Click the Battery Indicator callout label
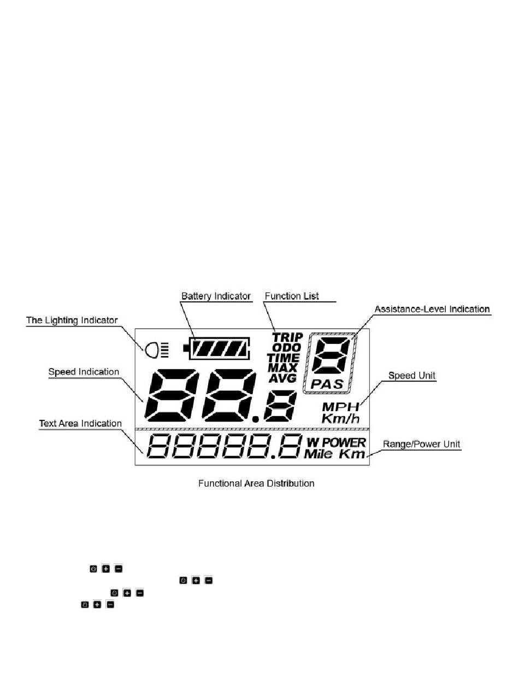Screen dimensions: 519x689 [x=216, y=296]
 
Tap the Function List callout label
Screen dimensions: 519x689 [x=292, y=296]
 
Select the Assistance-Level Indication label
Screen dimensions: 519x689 [x=432, y=309]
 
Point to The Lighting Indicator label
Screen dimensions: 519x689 [x=72, y=320]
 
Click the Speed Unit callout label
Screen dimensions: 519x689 [x=412, y=376]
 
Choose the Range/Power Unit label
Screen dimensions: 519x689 [x=421, y=445]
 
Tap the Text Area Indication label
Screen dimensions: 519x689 [x=80, y=423]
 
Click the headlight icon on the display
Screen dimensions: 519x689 [x=156, y=350]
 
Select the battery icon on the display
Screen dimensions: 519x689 [x=216, y=348]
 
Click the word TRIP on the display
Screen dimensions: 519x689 [x=287, y=337]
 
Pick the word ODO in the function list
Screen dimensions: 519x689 [x=287, y=347]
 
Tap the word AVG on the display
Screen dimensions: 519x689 [x=282, y=378]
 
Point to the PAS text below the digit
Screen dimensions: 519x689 [x=327, y=384]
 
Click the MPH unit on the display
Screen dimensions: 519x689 [x=340, y=407]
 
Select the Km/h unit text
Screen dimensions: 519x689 [x=340, y=418]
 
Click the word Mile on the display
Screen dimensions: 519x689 [x=318, y=454]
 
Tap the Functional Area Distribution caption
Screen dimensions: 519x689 [x=256, y=483]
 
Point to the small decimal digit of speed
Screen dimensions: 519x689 [x=280, y=406]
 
